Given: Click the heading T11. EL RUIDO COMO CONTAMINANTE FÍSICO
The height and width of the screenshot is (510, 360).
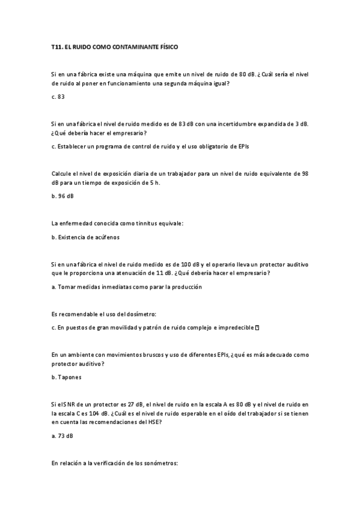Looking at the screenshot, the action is coord(115,46).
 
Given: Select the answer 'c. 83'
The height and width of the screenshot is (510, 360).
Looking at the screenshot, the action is coord(58,96).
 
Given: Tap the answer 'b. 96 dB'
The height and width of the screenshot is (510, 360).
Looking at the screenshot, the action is coord(63,196).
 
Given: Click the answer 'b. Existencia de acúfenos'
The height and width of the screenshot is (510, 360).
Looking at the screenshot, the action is coord(86,237).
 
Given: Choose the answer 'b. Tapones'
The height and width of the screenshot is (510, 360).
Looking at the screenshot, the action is coord(66,378).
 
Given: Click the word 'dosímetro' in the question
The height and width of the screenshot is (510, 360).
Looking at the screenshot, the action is coord(141,314).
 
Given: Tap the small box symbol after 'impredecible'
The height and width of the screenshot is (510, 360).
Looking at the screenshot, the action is coord(257,328).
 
